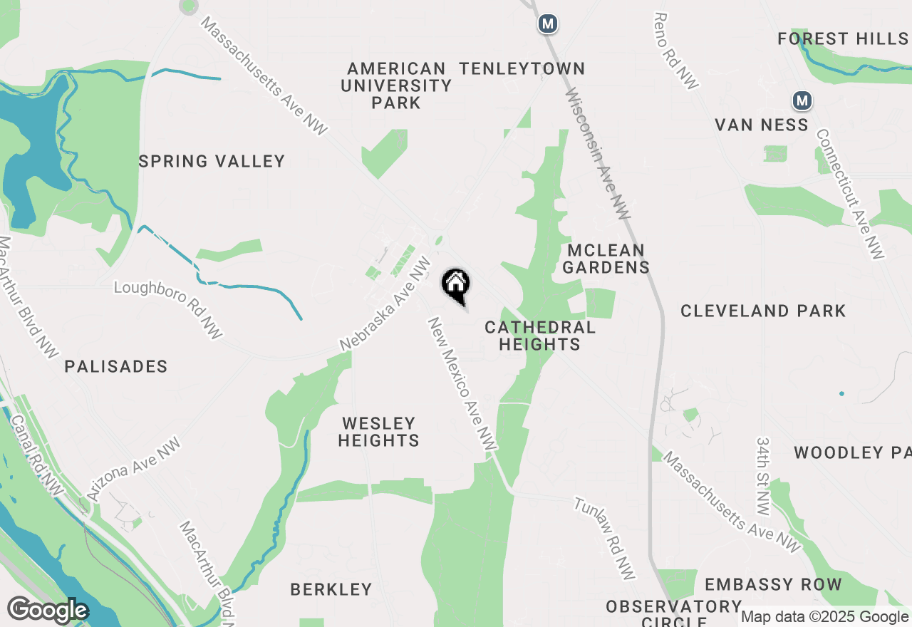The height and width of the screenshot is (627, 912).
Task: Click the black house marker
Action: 456,284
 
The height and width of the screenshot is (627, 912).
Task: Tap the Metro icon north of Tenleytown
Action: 547,24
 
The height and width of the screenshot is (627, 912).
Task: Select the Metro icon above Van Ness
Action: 803,100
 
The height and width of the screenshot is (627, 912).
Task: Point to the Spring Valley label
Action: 212,162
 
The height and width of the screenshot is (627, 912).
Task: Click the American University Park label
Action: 396,85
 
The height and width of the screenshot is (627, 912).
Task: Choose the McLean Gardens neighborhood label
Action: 608,259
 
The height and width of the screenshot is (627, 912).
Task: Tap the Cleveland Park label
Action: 763,311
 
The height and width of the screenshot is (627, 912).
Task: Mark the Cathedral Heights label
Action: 539,336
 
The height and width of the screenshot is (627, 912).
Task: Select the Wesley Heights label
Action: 378,432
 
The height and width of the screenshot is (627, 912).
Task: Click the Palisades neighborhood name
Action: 116,366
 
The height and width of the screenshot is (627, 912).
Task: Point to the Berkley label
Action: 331,589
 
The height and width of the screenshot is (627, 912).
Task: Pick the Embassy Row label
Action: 773,585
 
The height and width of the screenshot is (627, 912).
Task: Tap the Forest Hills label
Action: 843,38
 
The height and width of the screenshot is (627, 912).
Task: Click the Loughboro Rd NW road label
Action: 168,309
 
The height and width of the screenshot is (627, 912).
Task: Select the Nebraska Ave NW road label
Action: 385,304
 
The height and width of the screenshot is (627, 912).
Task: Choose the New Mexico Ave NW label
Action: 462,383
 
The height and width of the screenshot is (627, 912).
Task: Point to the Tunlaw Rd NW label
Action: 604,537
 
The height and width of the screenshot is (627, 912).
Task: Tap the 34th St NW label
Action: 763,477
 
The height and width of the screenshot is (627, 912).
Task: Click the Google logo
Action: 48,610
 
